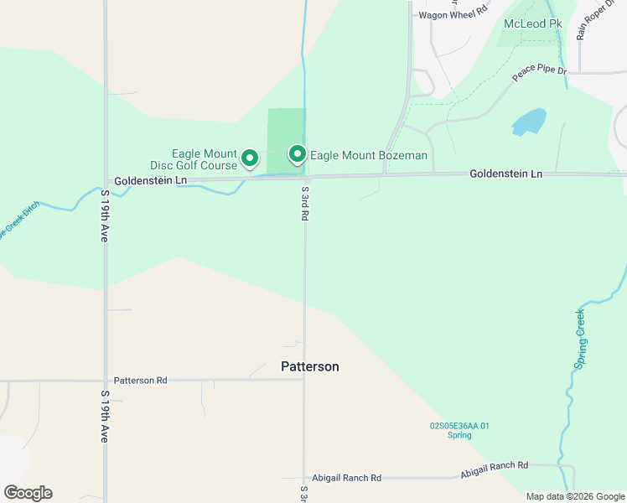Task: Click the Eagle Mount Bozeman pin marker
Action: click(x=297, y=154)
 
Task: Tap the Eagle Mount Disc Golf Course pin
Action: click(x=249, y=158)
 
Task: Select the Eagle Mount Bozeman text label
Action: click(x=369, y=156)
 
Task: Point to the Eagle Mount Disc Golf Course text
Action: click(x=205, y=159)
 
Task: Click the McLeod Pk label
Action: click(x=532, y=23)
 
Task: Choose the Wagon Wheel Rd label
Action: click(x=453, y=14)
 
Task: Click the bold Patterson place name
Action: click(x=309, y=367)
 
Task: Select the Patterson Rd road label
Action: click(x=141, y=381)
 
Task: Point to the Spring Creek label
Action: click(x=579, y=338)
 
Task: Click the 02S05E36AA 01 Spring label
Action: click(x=459, y=431)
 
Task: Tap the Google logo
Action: click(x=28, y=493)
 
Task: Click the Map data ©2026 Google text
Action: click(x=574, y=496)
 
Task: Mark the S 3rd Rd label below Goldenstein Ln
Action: click(x=304, y=204)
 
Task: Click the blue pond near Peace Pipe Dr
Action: click(x=528, y=122)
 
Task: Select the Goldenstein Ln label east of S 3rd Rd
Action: click(x=505, y=174)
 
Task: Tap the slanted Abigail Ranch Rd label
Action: click(x=495, y=469)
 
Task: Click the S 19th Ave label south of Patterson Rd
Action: click(x=106, y=417)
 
